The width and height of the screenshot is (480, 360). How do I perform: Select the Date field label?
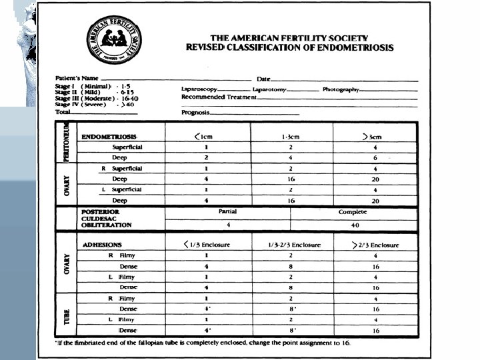click(x=264, y=79)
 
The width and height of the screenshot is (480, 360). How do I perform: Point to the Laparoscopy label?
click(x=199, y=89)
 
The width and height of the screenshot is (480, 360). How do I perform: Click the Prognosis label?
click(x=195, y=113)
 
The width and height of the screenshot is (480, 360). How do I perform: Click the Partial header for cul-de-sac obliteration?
click(x=228, y=212)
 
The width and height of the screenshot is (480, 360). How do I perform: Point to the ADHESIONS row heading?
click(x=102, y=245)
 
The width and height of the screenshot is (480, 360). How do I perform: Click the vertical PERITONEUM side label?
click(x=67, y=142)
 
